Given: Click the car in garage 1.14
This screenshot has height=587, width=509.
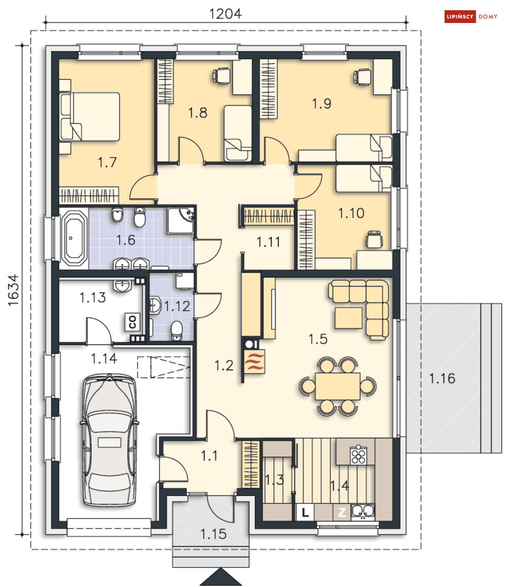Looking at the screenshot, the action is (x=109, y=440).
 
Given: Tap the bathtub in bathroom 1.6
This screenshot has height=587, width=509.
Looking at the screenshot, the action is (x=74, y=238).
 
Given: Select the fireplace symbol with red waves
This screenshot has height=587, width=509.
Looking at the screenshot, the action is (x=254, y=362).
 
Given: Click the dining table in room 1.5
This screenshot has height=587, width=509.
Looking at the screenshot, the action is (x=338, y=386).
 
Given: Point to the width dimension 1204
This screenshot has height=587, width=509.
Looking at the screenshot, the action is (x=226, y=14).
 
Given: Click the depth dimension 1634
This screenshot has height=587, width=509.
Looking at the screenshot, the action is (x=13, y=290).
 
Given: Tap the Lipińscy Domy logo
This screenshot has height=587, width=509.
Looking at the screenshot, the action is (x=471, y=16).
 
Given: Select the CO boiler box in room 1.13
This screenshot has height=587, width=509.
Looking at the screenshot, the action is (x=132, y=322).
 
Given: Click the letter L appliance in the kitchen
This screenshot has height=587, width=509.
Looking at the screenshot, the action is (x=305, y=512).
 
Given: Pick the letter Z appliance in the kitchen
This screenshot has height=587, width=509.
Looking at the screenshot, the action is (x=342, y=512).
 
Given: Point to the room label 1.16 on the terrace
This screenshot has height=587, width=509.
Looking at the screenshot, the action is (x=442, y=378).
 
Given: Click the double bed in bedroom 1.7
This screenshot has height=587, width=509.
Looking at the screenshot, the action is (x=90, y=117).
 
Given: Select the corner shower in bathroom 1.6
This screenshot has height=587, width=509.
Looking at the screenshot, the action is (x=180, y=221).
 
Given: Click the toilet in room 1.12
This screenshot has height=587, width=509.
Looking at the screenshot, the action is (x=176, y=330).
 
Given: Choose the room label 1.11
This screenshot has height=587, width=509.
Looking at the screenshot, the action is (x=268, y=242).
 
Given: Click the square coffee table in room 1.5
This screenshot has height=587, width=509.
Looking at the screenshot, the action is (x=349, y=318).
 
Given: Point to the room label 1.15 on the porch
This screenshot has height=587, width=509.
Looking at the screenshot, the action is (x=213, y=534).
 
